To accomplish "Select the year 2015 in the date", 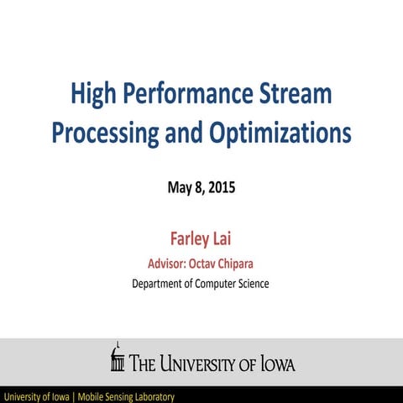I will click(221, 187).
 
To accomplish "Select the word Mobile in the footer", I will click(94, 395).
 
